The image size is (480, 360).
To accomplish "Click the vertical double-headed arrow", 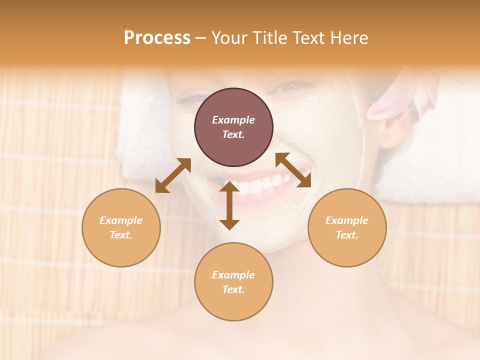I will click(229, 205).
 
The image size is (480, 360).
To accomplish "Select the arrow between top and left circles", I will click(173, 175).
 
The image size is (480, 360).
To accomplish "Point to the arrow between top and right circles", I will click(293, 170).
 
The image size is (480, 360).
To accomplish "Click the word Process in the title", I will click(157, 38).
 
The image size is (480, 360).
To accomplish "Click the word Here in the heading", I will click(348, 38).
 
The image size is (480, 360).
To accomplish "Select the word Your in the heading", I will click(229, 38).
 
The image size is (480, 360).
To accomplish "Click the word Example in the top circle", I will click(233, 120).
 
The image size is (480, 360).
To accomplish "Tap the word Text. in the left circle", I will click(121, 235).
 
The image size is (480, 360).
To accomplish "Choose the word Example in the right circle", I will click(347, 220).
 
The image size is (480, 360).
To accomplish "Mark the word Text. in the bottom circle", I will click(233, 289).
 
